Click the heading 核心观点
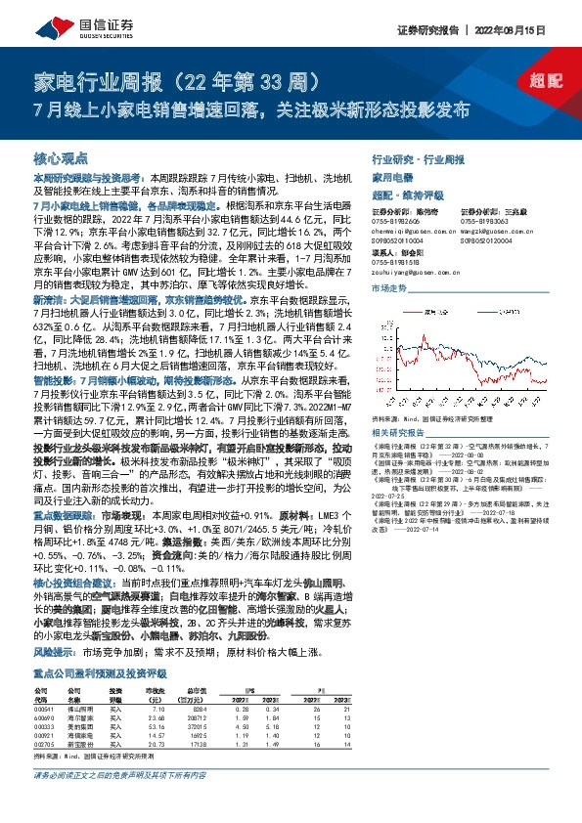coord(60,156)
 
